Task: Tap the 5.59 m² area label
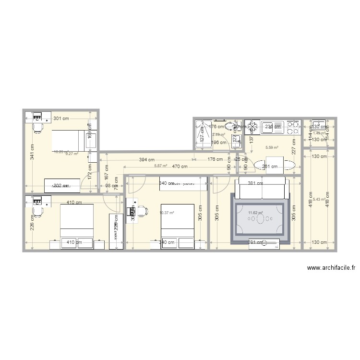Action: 273,148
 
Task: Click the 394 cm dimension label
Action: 146,160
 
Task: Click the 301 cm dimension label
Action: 61,118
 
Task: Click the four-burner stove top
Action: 292,127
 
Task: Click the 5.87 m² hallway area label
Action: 161,166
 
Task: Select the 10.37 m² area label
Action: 167,213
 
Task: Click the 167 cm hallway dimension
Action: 106,171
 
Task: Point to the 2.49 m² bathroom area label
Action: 219,135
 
